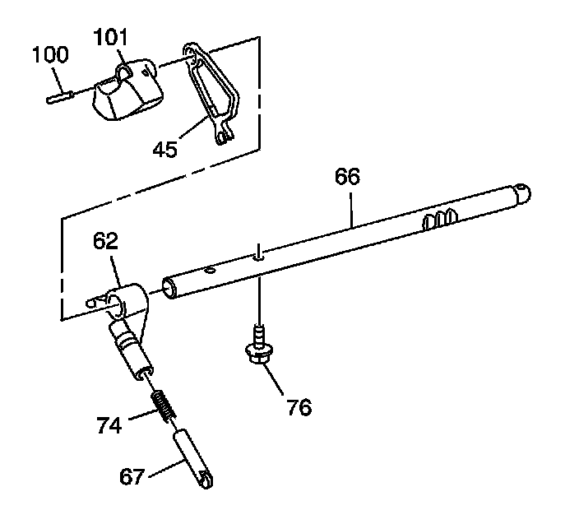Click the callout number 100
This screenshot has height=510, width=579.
(x=51, y=54)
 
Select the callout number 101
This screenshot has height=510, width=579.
(x=110, y=37)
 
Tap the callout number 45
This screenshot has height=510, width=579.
(x=165, y=150)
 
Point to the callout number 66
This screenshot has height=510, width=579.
(x=347, y=176)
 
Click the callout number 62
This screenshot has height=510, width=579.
(x=105, y=241)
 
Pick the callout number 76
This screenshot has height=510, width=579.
(x=299, y=408)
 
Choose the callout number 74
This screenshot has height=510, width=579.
(x=109, y=425)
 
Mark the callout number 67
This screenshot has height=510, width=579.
(x=132, y=476)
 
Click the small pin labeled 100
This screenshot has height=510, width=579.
(x=59, y=97)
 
